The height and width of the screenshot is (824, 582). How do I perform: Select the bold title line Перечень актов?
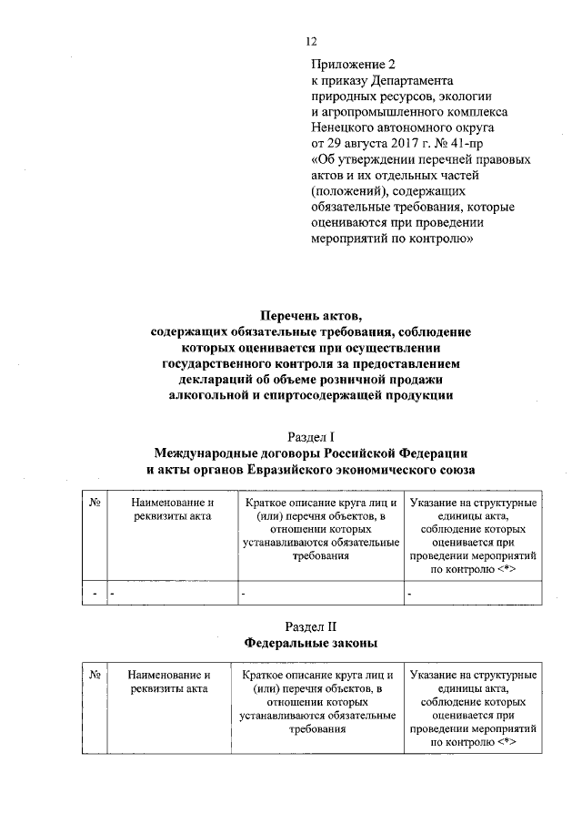coord(311,316)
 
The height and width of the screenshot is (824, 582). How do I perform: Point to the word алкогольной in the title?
coord(211,394)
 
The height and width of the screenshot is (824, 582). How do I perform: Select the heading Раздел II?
coord(311,626)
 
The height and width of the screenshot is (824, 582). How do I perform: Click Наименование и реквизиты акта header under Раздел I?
coord(171,510)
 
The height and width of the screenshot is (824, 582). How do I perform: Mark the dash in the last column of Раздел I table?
coord(410,594)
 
